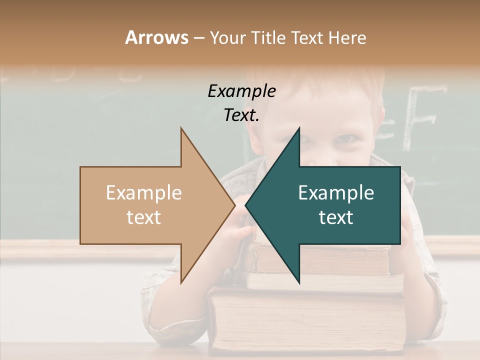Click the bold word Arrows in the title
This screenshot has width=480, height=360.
pyautogui.click(x=156, y=37)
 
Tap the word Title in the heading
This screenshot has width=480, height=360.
pyautogui.click(x=268, y=37)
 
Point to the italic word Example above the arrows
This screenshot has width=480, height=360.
pyautogui.click(x=241, y=91)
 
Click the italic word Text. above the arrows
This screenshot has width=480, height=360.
pyautogui.click(x=241, y=115)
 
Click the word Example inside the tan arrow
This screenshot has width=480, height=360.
pyautogui.click(x=144, y=193)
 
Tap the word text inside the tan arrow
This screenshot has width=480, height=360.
pyautogui.click(x=144, y=217)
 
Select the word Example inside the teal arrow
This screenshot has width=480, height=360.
pyautogui.click(x=336, y=193)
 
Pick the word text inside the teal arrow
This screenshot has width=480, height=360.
pyautogui.click(x=336, y=217)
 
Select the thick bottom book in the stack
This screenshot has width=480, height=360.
pyautogui.click(x=307, y=320)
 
